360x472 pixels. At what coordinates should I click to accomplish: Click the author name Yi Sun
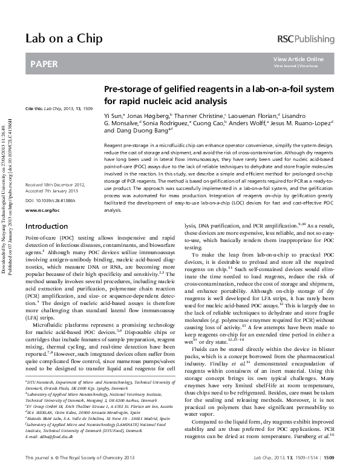point(112,115)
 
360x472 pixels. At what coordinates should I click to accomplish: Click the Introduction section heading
point(46,226)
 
